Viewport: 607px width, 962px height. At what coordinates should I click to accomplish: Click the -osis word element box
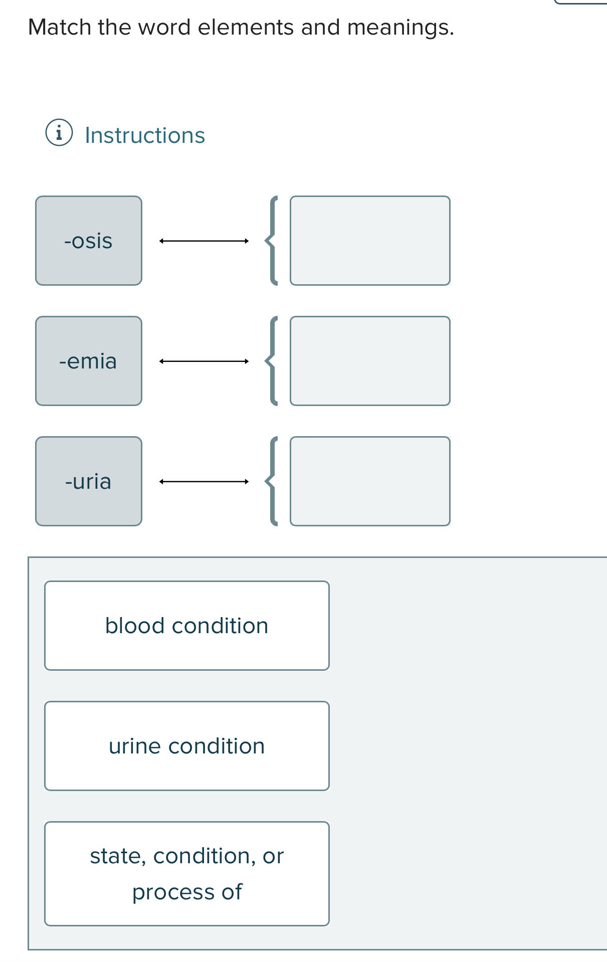pyautogui.click(x=89, y=241)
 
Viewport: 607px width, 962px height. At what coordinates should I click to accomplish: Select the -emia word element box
pyautogui.click(x=89, y=361)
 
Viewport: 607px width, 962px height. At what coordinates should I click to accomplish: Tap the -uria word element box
pyautogui.click(x=89, y=481)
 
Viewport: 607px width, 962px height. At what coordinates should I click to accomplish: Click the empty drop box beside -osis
pyautogui.click(x=370, y=241)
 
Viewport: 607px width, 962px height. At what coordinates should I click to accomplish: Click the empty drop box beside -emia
pyautogui.click(x=370, y=361)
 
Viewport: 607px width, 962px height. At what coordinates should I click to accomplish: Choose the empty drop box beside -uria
pyautogui.click(x=370, y=481)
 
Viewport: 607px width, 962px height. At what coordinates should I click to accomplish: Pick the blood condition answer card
pyautogui.click(x=187, y=626)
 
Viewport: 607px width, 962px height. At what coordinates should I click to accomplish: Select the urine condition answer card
pyautogui.click(x=187, y=746)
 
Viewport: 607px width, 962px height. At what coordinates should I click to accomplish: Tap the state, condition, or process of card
pyautogui.click(x=187, y=874)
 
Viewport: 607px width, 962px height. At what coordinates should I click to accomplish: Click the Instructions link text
pyautogui.click(x=145, y=135)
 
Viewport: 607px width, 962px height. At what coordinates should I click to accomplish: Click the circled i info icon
pyautogui.click(x=59, y=133)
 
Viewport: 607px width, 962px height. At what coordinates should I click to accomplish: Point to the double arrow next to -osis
pyautogui.click(x=204, y=241)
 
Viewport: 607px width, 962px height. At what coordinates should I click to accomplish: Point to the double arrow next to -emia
pyautogui.click(x=204, y=361)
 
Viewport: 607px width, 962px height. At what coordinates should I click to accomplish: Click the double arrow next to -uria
pyautogui.click(x=204, y=482)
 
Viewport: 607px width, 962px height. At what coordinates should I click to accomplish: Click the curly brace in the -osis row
pyautogui.click(x=272, y=241)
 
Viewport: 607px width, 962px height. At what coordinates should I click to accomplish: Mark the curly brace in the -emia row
pyautogui.click(x=272, y=361)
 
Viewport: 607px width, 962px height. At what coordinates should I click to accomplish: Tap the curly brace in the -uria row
pyautogui.click(x=272, y=481)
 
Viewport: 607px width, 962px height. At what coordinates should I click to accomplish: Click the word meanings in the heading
pyautogui.click(x=400, y=27)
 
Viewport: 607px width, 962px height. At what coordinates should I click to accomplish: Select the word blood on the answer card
pyautogui.click(x=135, y=626)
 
